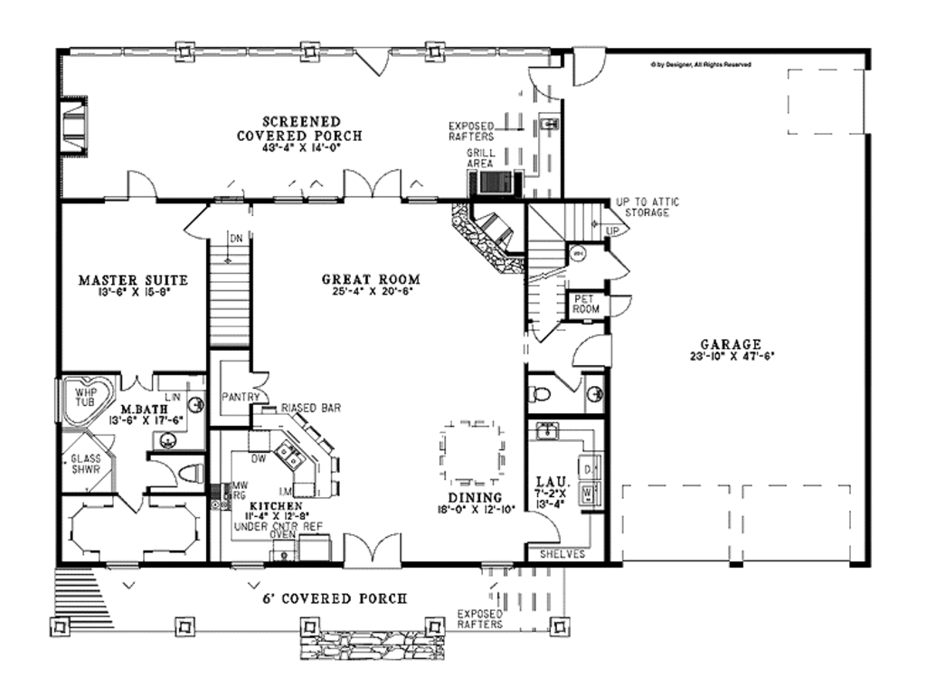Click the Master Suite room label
click(x=132, y=280)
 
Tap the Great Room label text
click(x=371, y=280)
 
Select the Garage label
click(x=731, y=344)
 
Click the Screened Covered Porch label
click(x=301, y=121)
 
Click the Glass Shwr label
click(x=86, y=465)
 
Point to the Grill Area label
click(x=479, y=159)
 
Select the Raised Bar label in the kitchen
click(x=310, y=409)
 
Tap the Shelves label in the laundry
click(x=562, y=553)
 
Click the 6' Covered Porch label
click(x=334, y=598)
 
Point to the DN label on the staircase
click(x=235, y=239)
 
